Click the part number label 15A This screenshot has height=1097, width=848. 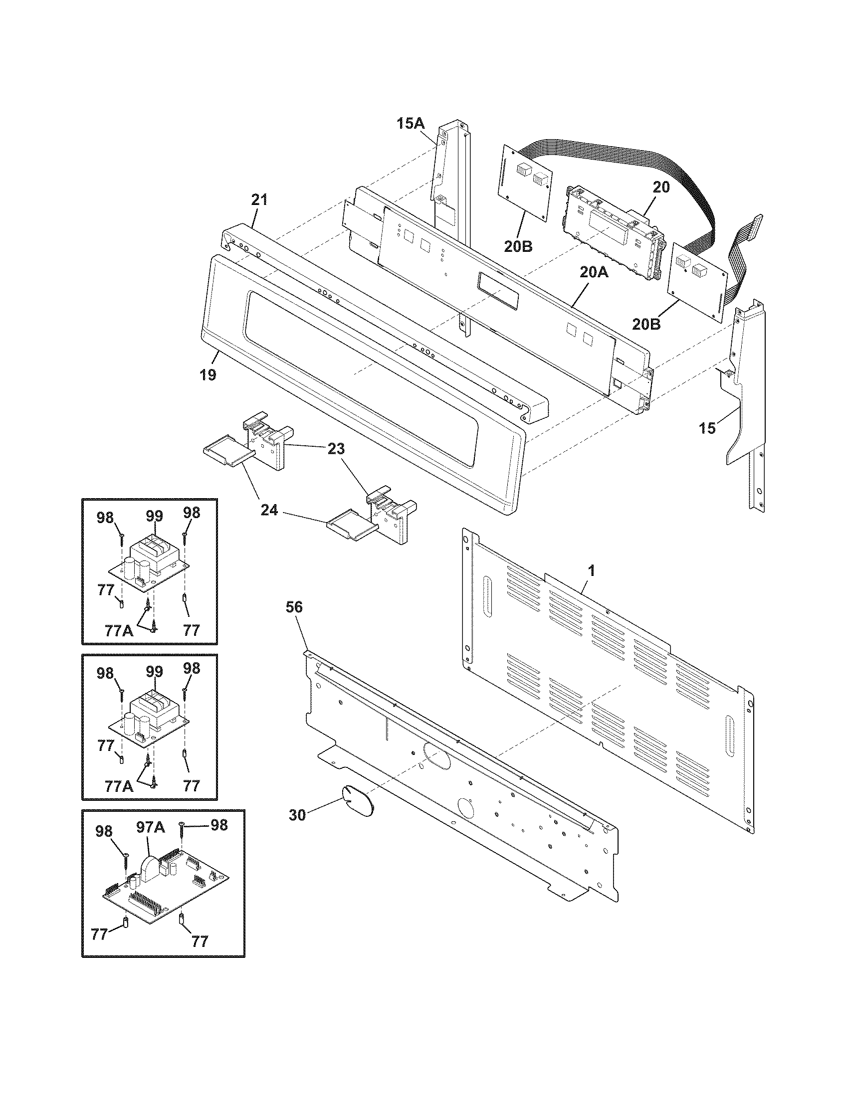411,123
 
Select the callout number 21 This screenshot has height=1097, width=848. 259,200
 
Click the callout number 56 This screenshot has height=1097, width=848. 294,607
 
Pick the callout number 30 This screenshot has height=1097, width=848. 297,815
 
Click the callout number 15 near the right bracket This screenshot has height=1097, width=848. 707,428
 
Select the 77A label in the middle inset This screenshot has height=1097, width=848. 119,785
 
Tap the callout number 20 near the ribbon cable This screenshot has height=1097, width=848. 661,187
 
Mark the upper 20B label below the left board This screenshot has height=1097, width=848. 519,246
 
